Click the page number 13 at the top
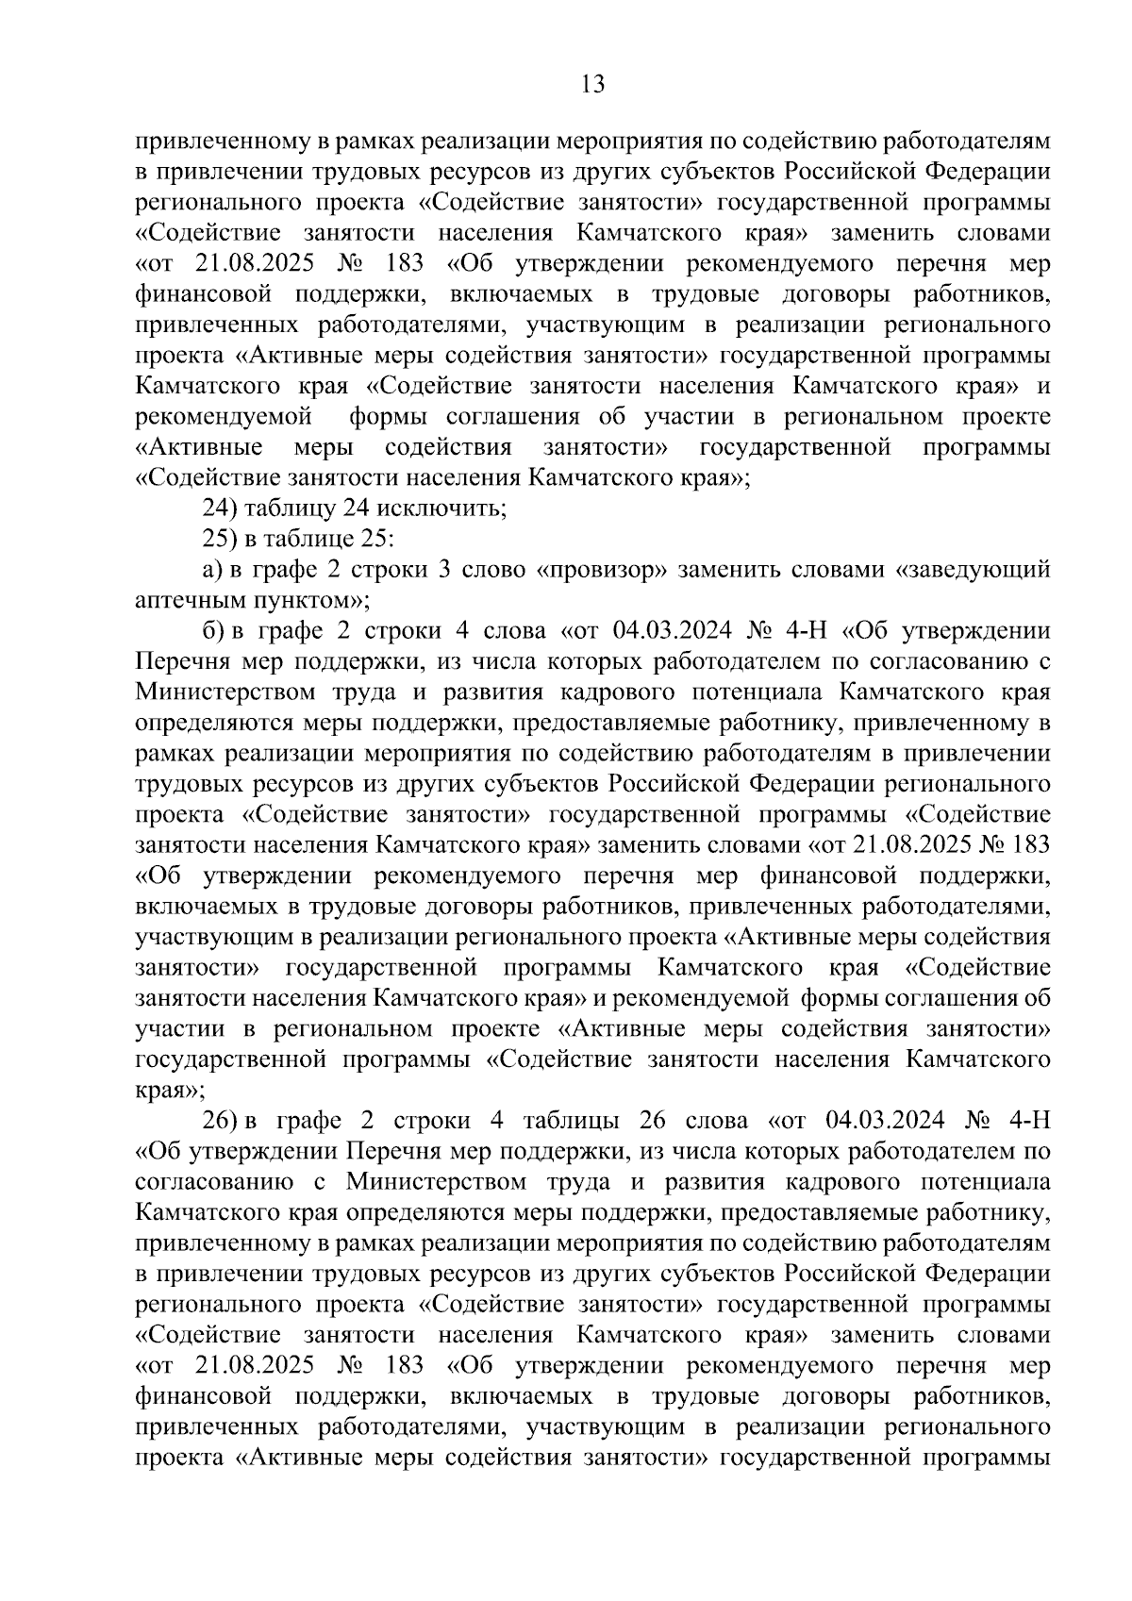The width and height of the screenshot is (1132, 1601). tap(593, 85)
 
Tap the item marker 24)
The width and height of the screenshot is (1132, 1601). tap(222, 509)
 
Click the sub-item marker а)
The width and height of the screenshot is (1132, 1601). tap(212, 570)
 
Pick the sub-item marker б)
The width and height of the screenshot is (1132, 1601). tap(212, 630)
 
